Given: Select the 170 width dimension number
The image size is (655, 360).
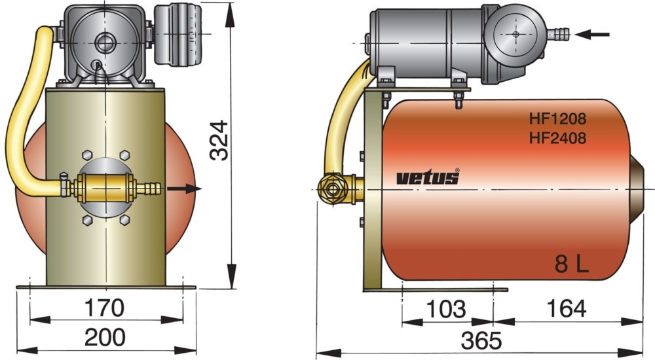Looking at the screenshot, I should (x=105, y=306).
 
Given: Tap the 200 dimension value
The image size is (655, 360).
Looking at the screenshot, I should (x=105, y=337).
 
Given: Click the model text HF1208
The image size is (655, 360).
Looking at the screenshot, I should (x=557, y=120).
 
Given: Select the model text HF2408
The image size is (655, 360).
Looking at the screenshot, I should (x=557, y=138).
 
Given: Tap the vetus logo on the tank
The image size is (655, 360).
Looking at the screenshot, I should (x=428, y=177).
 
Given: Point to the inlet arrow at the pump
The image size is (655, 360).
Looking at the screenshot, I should (x=596, y=34).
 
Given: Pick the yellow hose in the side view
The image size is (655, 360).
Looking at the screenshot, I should (x=341, y=118).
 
